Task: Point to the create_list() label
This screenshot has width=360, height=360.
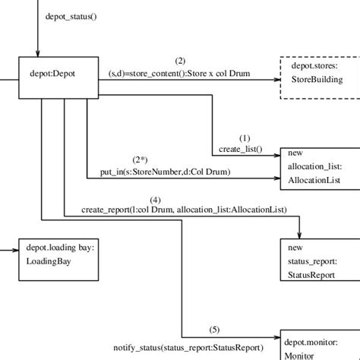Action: (x=241, y=149)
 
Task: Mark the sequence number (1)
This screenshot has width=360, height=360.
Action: (x=245, y=138)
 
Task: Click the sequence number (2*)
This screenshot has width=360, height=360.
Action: (x=141, y=159)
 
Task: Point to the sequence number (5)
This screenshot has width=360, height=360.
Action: (x=215, y=329)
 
